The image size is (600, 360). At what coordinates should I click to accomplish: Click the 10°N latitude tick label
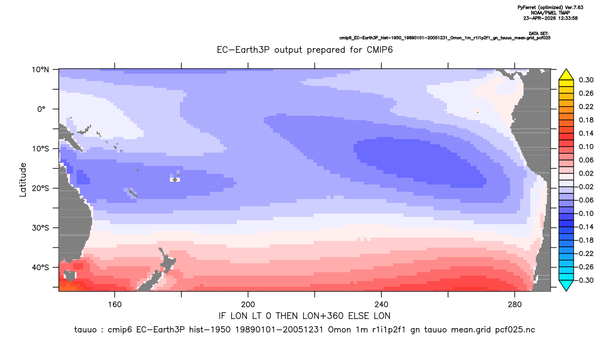coord(41,70)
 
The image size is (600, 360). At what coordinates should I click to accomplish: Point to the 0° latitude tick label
coord(41,109)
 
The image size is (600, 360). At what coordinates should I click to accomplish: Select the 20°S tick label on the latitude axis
coord(41,188)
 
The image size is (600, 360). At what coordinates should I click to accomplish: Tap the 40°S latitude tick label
coord(41,267)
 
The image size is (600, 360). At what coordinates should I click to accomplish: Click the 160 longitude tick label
coord(115,305)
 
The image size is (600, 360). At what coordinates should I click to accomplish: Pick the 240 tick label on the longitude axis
coord(381,305)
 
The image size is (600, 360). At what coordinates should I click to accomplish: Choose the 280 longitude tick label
coord(515,305)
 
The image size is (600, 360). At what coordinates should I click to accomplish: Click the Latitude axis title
coord(23,180)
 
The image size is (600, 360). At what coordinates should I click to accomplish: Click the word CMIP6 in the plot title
coord(379,50)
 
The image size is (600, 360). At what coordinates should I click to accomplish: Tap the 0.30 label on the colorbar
coord(586,80)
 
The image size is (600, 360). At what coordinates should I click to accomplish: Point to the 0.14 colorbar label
coord(586,133)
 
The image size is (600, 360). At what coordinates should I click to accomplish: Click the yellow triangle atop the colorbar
coord(566,75)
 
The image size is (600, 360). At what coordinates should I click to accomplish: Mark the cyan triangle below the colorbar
coord(566,285)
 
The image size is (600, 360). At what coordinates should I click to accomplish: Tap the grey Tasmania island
coord(70,276)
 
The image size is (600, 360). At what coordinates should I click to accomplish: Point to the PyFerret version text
coord(550,7)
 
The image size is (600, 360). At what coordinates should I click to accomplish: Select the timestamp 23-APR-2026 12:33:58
coord(550,18)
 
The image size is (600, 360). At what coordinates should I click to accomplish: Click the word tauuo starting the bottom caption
coord(85,330)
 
